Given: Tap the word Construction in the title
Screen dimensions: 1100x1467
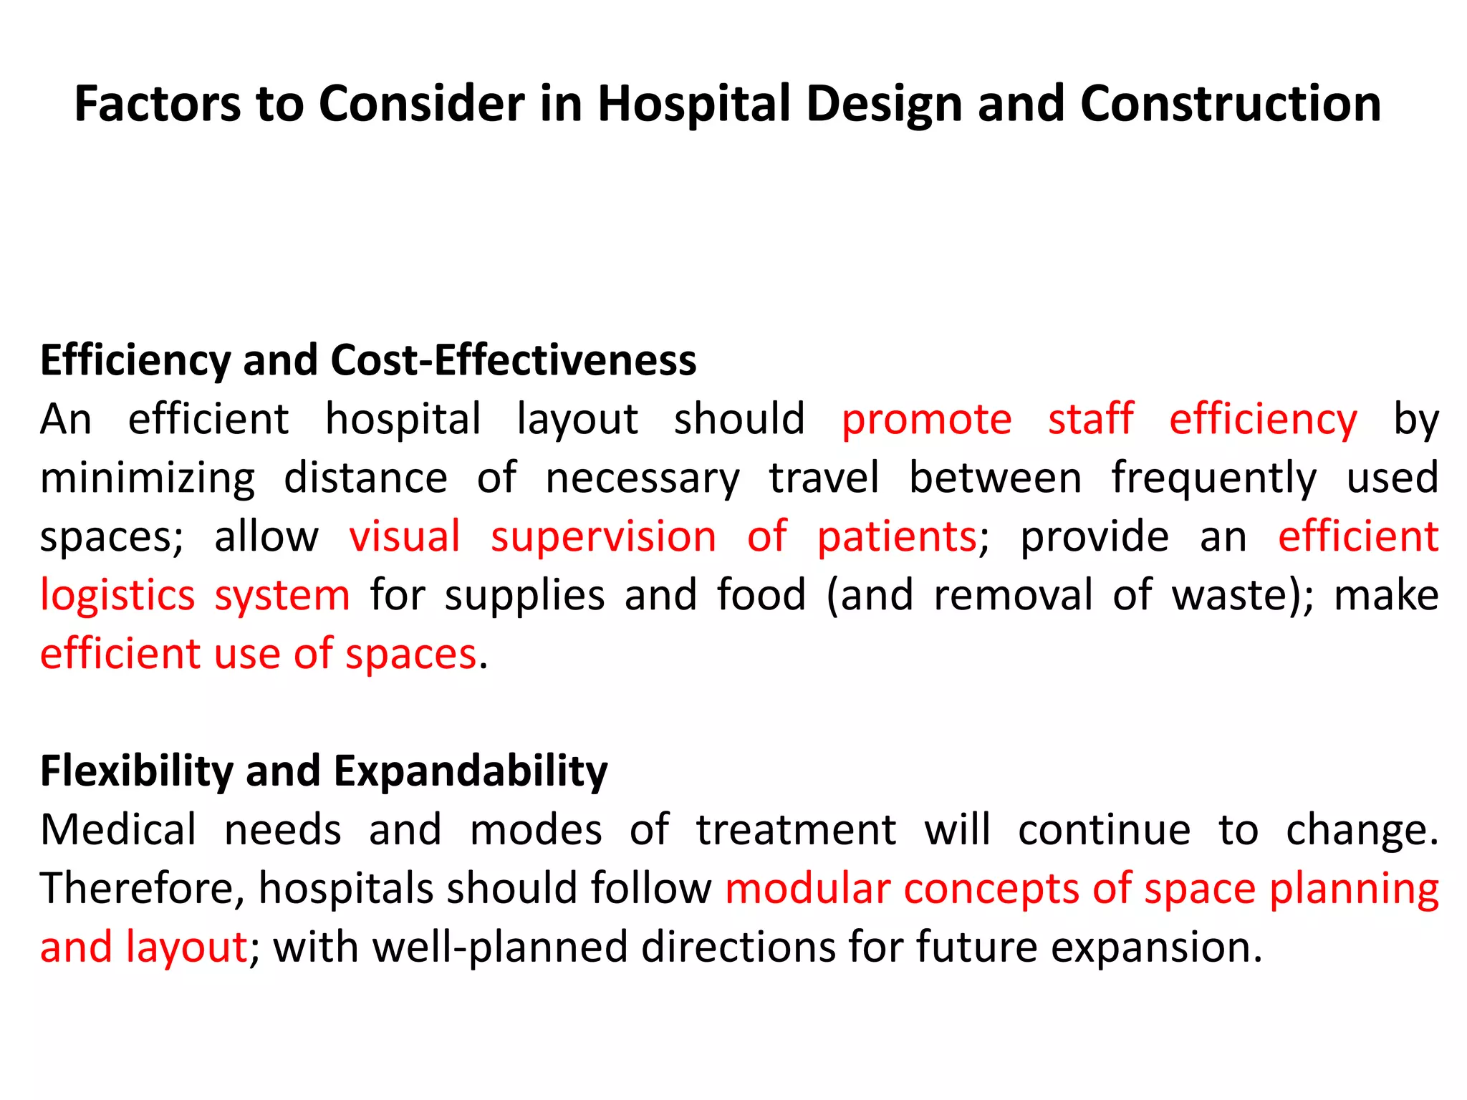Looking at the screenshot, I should coord(1230,104).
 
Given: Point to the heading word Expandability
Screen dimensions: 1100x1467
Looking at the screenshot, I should coord(471,771).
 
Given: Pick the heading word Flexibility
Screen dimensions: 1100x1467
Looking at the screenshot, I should coord(137,771).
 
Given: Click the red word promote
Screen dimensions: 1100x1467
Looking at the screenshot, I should coord(926,420).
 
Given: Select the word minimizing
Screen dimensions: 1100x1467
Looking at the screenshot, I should coord(148,479).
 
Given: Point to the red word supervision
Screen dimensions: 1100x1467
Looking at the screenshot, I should coord(603,537).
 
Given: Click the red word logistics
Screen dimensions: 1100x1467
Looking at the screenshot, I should coord(117,596).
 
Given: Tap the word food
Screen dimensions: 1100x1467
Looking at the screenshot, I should coord(761,596).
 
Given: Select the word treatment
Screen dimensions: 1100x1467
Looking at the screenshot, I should coord(796,830).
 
